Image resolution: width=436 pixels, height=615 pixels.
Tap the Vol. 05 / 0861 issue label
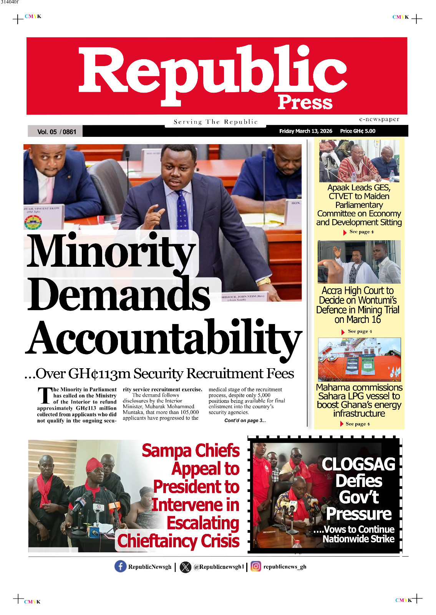click(x=56, y=132)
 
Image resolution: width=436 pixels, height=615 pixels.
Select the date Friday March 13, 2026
click(x=305, y=131)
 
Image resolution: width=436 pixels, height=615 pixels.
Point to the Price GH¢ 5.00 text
click(x=358, y=131)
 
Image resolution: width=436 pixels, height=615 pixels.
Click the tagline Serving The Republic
click(x=216, y=122)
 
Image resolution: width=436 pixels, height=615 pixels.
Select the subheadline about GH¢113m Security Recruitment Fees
click(x=159, y=374)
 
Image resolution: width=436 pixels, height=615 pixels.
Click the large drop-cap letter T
click(x=45, y=396)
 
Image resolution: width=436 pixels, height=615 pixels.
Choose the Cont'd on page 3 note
click(x=245, y=421)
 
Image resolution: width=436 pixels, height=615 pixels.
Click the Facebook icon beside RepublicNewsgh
click(x=120, y=567)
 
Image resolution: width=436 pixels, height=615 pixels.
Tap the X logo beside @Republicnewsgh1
click(x=186, y=567)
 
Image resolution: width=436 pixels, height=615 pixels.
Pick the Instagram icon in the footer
click(x=256, y=567)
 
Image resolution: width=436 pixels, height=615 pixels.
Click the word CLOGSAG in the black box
click(x=358, y=464)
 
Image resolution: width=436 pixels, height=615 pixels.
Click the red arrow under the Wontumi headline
click(x=343, y=332)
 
